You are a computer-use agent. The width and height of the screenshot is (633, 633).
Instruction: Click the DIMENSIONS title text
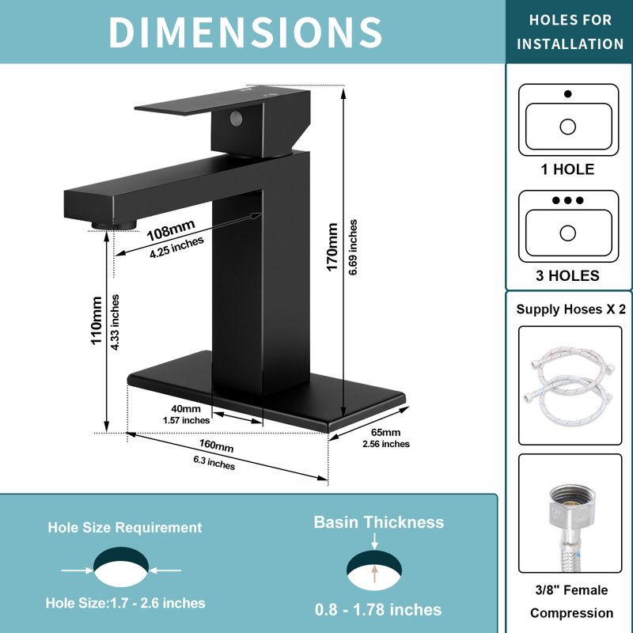[245, 32]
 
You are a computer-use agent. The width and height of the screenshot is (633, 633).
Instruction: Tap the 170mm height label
[332, 247]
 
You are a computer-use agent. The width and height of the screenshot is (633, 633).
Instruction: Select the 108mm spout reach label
[171, 230]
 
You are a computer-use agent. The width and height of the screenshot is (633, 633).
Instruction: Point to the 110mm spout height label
[96, 320]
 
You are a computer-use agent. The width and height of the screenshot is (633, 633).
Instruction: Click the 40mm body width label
[186, 408]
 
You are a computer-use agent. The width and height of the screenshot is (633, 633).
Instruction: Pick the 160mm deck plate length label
[216, 445]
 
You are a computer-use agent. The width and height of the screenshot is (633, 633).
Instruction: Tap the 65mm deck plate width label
[385, 432]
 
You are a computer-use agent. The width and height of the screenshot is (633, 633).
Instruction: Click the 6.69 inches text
[353, 247]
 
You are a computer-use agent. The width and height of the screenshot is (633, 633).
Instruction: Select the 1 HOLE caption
[567, 169]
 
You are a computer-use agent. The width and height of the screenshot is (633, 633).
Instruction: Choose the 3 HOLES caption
[567, 275]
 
